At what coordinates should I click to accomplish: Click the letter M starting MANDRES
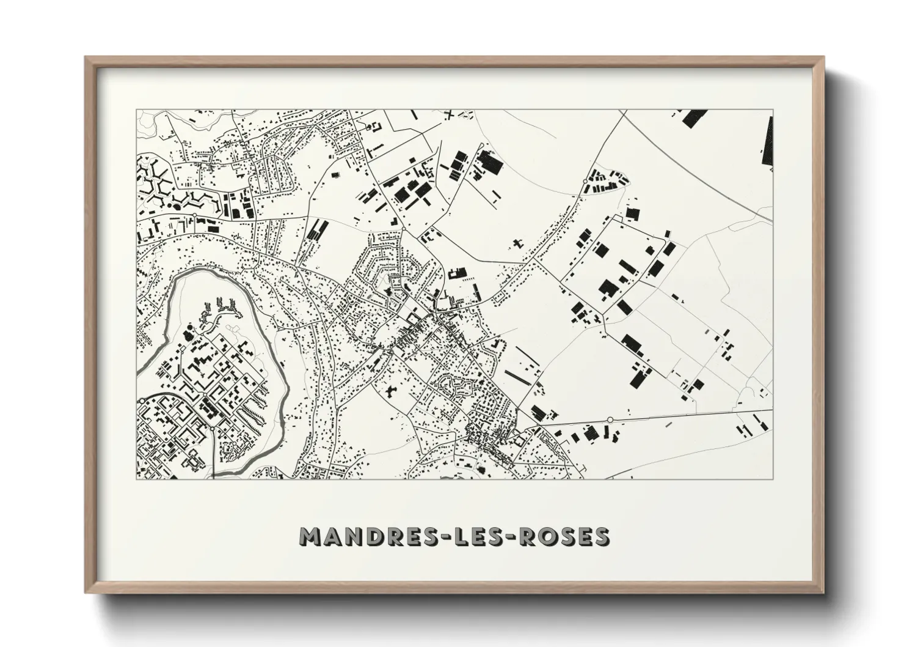coord(312,536)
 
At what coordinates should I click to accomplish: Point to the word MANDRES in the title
coord(369,536)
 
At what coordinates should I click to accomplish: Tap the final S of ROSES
coord(600,536)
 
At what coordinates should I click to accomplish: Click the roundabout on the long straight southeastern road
coord(610,419)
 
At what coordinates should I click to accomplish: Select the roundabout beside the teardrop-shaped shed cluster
coord(585,182)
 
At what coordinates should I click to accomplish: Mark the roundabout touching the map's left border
coord(142,401)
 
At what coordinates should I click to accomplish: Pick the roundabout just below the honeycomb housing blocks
coord(194,215)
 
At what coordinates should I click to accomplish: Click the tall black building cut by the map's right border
coord(768,141)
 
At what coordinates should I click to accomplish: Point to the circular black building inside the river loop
coord(189,336)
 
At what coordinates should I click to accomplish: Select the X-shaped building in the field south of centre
coord(389,389)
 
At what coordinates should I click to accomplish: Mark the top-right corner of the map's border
coord(773,110)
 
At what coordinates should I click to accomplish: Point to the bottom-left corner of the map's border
coord(137,479)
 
